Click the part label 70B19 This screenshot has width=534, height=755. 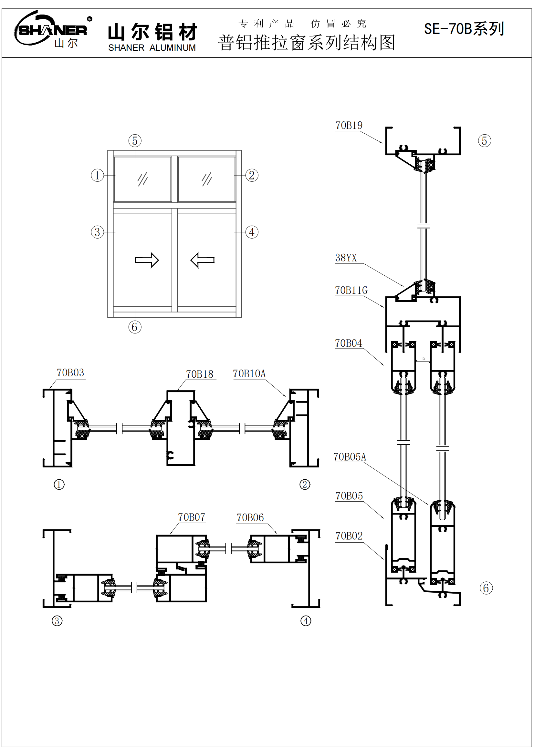tap(349, 125)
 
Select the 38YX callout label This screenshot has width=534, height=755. tap(346, 258)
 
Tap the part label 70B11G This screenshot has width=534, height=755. tap(351, 291)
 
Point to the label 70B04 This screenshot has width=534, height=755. tap(349, 343)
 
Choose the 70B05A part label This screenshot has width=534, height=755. tap(350, 457)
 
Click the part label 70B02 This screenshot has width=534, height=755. tap(349, 536)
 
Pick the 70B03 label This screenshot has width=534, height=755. tap(70, 373)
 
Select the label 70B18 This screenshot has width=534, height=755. tap(199, 374)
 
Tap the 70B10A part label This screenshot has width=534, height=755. tap(249, 374)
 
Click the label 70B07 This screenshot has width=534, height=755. tap(192, 517)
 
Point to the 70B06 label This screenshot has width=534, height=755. tap(250, 517)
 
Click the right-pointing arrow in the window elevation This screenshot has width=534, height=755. tap(147, 260)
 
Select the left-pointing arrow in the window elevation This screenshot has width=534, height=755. tap(202, 260)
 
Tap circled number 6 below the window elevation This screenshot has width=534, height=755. tap(135, 327)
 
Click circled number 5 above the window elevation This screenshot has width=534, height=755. tap(135, 141)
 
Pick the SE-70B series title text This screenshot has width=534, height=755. tap(464, 29)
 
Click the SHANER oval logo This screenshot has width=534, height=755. tap(51, 29)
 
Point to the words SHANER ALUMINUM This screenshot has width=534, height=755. tap(152, 48)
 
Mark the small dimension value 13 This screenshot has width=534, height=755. tap(423, 359)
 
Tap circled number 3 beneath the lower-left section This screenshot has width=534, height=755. tap(57, 621)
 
